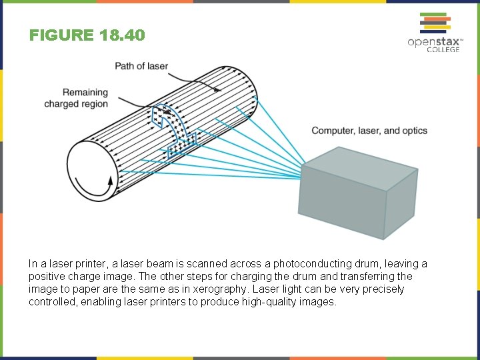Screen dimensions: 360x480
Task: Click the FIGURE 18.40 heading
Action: [87, 35]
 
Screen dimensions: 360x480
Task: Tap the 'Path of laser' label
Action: [141, 66]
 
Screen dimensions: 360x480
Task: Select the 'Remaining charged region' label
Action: [76, 98]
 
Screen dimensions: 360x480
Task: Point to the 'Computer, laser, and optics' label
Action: [369, 131]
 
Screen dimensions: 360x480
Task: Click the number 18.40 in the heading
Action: [121, 35]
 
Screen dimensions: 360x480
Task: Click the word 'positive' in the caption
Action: [45, 277]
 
